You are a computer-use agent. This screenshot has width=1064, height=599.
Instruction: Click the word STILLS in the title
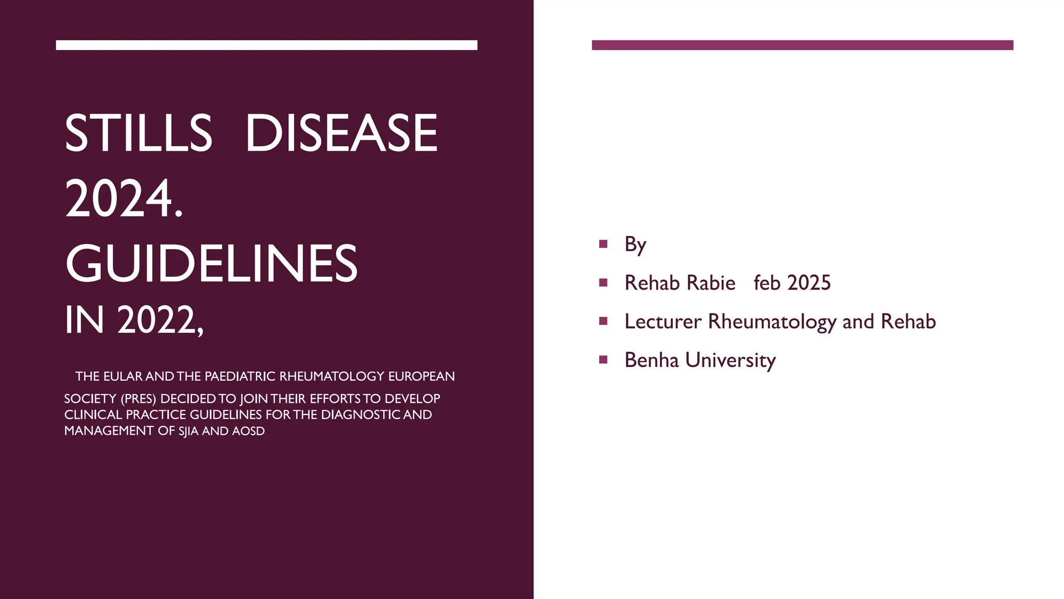coord(139,134)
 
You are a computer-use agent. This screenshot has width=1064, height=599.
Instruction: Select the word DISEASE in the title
coord(341,134)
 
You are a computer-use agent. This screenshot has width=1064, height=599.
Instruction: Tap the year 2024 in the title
coord(119,199)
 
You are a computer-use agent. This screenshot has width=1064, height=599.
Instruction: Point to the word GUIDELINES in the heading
coord(211,264)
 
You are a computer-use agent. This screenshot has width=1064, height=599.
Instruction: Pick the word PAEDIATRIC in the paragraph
coord(240,376)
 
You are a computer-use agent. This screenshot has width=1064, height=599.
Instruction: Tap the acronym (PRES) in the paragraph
coord(138,399)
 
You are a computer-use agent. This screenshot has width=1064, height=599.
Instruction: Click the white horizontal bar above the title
coord(267,45)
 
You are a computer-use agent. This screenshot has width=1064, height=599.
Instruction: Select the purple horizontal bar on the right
coord(802,45)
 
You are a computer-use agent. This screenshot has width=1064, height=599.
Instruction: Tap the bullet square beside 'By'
coord(603,244)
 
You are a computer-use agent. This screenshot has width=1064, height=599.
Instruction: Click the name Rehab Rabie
coord(680,283)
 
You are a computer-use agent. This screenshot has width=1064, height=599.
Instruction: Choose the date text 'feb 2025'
coord(792,283)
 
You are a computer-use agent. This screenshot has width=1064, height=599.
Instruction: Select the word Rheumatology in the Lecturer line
coord(772,321)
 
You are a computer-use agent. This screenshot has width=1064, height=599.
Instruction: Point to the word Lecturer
coord(662,321)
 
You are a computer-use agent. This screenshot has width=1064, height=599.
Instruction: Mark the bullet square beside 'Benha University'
coord(603,359)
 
